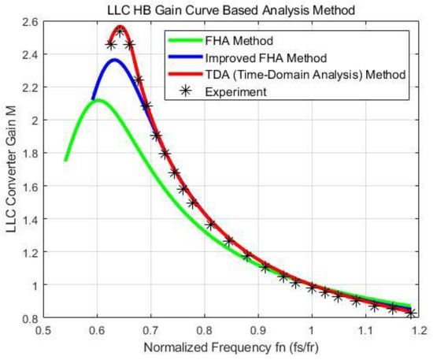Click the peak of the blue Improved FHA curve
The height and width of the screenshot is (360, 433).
pyautogui.click(x=115, y=60)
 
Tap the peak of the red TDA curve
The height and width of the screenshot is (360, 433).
pyautogui.click(x=120, y=26)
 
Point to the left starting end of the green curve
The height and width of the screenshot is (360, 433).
pyautogui.click(x=65, y=160)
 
